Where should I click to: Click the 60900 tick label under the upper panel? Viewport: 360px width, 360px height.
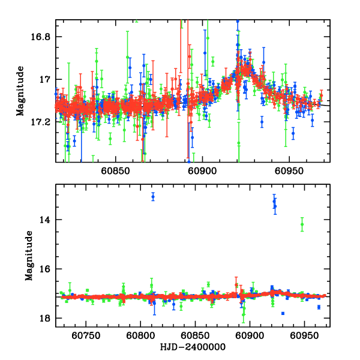coord(200,171)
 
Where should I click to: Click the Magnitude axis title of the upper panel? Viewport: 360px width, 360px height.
coord(21,91)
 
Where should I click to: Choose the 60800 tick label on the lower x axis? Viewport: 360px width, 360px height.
coord(140,337)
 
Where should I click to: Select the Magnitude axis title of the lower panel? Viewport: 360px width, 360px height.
coord(29,257)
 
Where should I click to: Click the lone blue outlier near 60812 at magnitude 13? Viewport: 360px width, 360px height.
coord(153,196)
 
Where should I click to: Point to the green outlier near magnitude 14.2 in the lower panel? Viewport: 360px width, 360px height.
coord(302,225)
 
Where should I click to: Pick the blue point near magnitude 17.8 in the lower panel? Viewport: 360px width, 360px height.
coord(283,313)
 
